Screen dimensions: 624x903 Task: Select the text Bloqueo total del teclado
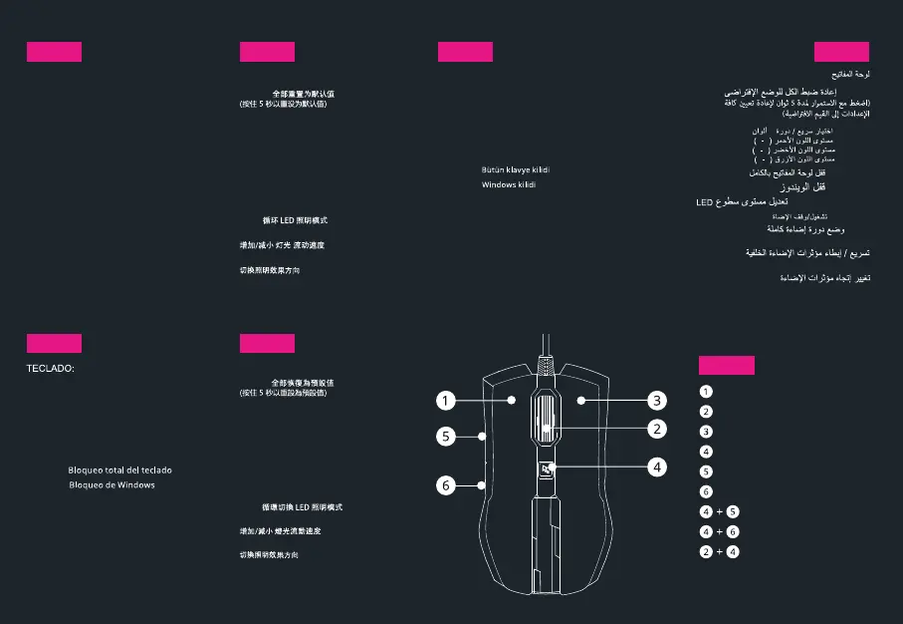pyautogui.click(x=125, y=469)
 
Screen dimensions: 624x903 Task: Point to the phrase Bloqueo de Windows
pyautogui.click(x=112, y=484)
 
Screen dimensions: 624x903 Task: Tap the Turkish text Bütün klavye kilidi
pyautogui.click(x=516, y=170)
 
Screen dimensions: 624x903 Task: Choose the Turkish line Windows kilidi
pyautogui.click(x=509, y=185)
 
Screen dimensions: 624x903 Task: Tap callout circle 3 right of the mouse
pyautogui.click(x=656, y=401)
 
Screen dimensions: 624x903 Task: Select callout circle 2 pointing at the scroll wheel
pyautogui.click(x=656, y=429)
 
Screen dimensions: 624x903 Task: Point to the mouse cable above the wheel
pyautogui.click(x=546, y=349)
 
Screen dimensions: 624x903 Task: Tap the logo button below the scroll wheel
pyautogui.click(x=546, y=468)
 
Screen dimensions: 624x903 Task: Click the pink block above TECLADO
pyautogui.click(x=54, y=344)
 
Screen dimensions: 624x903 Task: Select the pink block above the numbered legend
pyautogui.click(x=727, y=365)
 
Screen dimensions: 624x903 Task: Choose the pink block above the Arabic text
pyautogui.click(x=841, y=53)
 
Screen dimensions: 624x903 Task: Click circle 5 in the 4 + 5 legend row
pyautogui.click(x=733, y=512)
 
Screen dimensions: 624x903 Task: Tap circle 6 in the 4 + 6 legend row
pyautogui.click(x=733, y=532)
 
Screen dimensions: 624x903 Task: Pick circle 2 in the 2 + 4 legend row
pyautogui.click(x=706, y=552)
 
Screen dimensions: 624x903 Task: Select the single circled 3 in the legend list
pyautogui.click(x=706, y=432)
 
